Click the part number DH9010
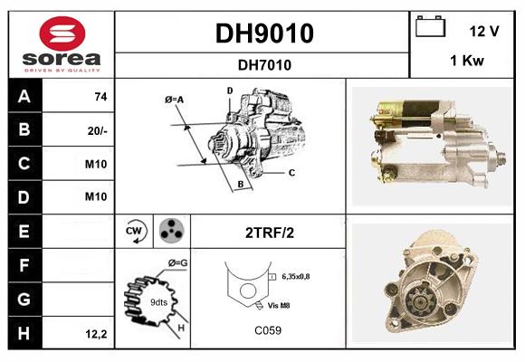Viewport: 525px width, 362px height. (x=263, y=33)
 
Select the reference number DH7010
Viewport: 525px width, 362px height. (x=263, y=64)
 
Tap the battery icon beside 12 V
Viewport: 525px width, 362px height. (x=429, y=28)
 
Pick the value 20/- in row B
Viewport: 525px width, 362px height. (x=97, y=131)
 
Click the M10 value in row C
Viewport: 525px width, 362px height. (x=97, y=165)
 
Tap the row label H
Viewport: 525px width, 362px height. (x=24, y=333)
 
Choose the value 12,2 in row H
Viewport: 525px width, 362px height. (x=97, y=334)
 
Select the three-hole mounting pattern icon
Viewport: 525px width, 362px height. (x=170, y=232)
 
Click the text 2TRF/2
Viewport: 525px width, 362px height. (x=269, y=233)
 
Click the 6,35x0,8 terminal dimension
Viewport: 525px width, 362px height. (x=295, y=276)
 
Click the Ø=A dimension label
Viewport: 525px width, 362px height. (x=174, y=99)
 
